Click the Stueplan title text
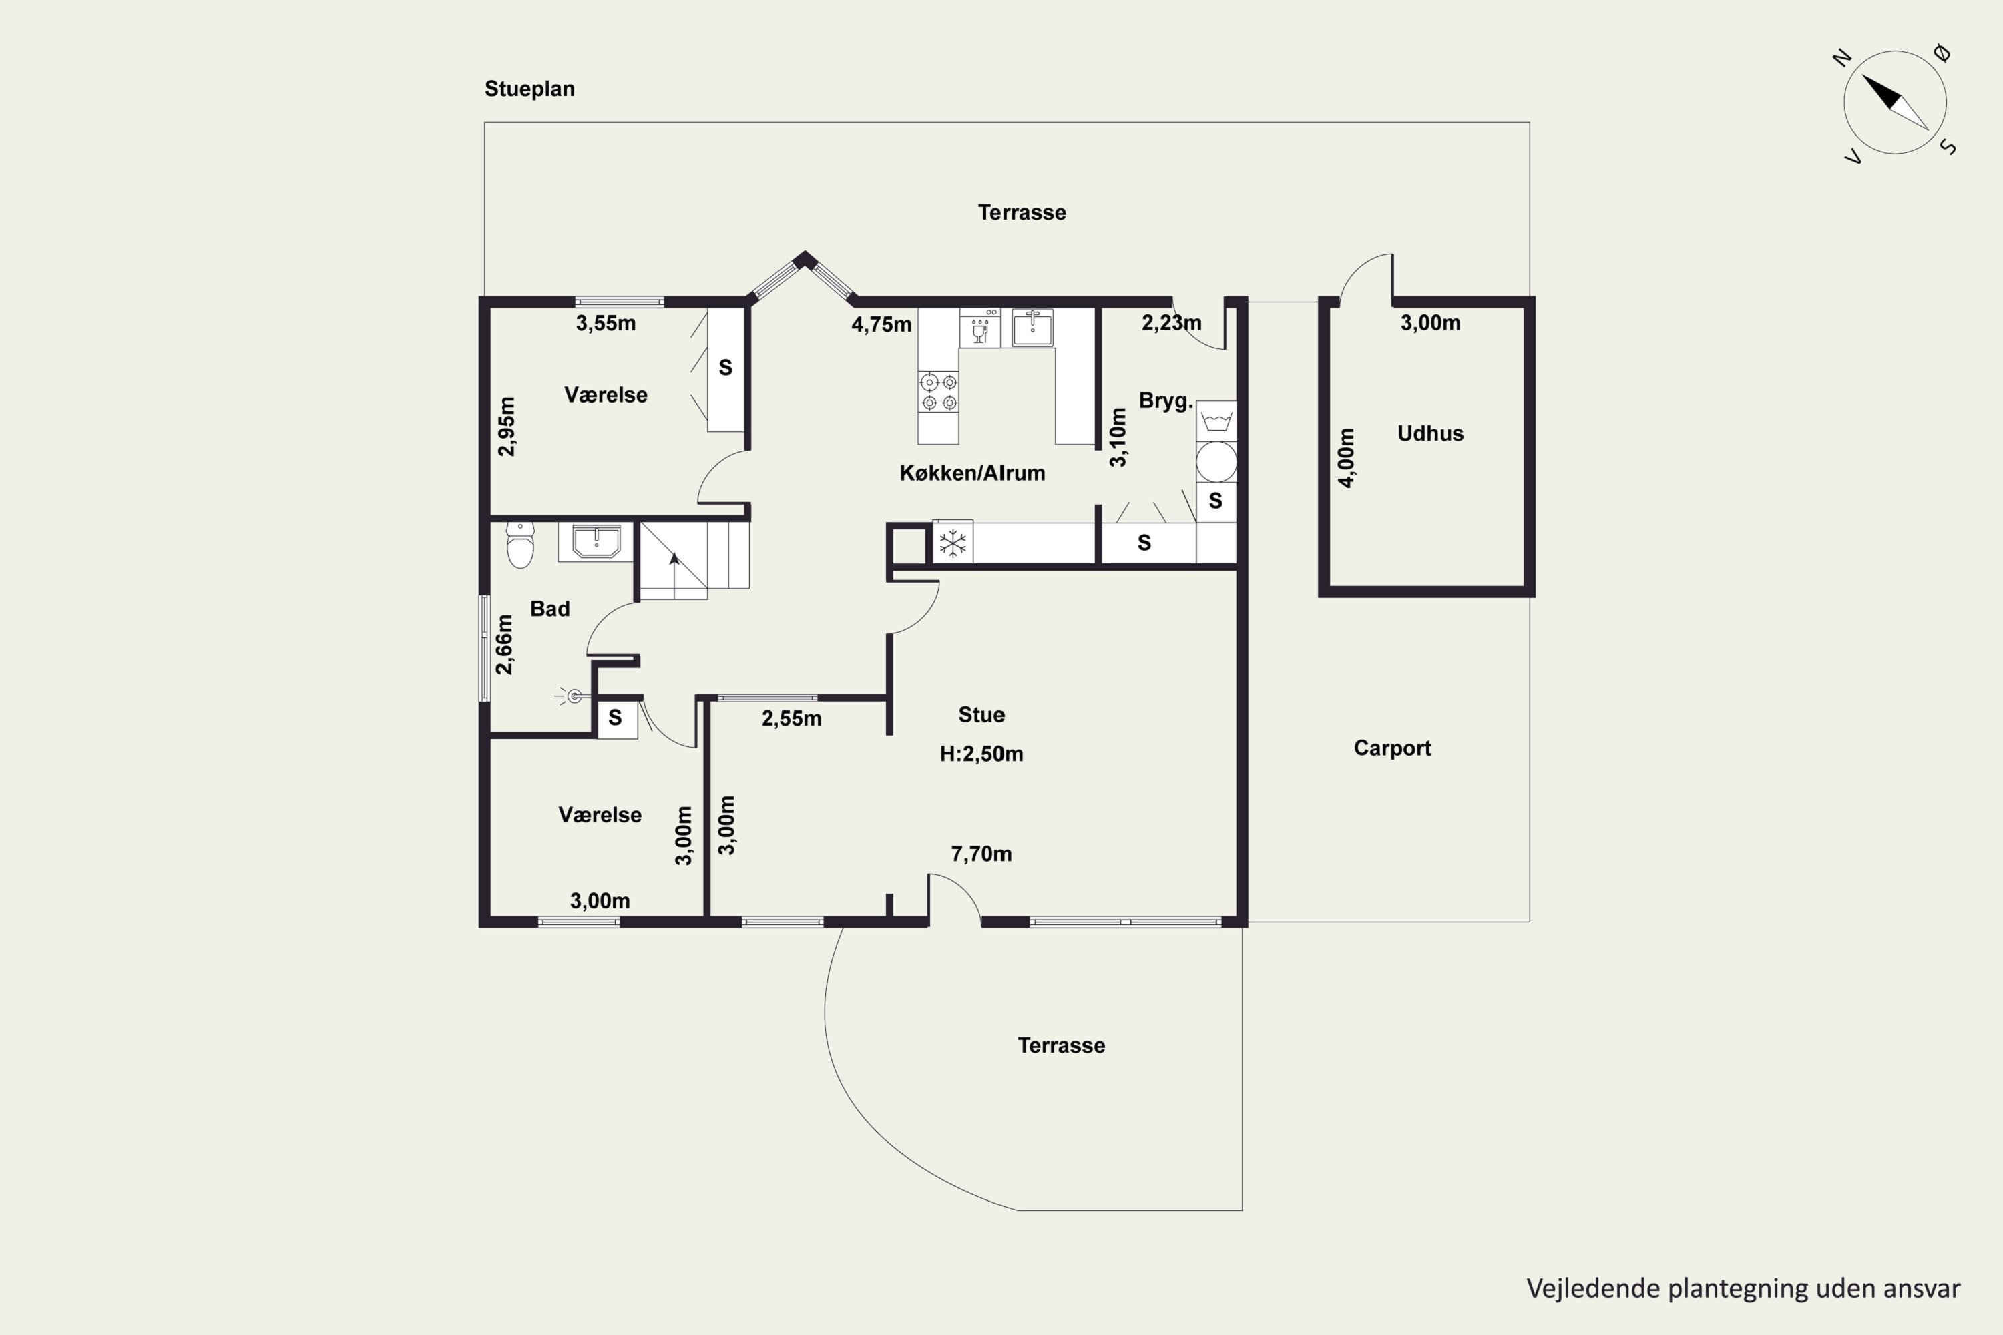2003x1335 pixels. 529,89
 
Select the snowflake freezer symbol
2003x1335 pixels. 953,542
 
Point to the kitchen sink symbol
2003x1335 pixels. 1032,328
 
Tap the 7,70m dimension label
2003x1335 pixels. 981,854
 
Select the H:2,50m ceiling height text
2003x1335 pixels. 981,754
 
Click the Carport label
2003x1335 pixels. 1392,748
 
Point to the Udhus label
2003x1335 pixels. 1430,433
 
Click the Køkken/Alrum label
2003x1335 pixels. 971,473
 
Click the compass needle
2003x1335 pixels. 1895,102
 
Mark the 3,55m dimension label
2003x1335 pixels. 606,324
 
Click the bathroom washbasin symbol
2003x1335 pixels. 596,541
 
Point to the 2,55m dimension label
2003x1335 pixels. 791,719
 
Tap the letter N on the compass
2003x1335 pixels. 1842,58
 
